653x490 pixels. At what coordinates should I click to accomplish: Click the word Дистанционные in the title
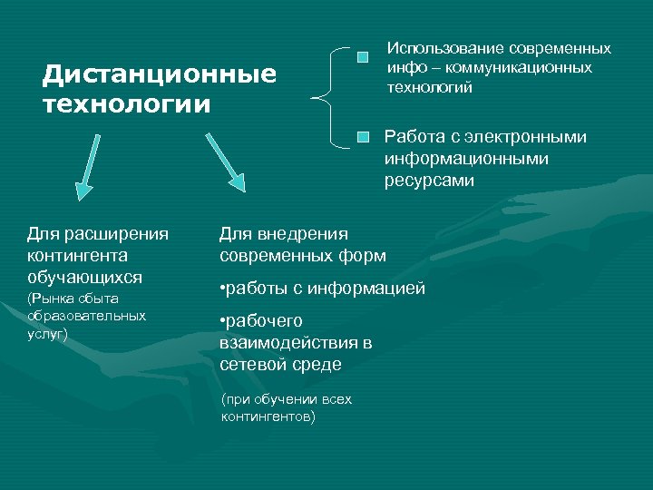[160, 73]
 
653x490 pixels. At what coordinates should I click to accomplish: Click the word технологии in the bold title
[126, 103]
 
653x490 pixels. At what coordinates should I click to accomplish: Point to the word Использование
[443, 48]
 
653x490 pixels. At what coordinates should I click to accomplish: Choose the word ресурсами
[429, 181]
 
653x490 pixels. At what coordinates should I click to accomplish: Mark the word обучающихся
[85, 276]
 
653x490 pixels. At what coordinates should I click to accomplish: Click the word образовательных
[86, 316]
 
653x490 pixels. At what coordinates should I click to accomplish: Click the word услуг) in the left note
[47, 334]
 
